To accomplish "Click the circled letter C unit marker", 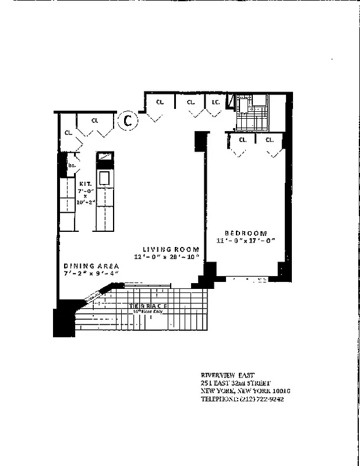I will (127, 121).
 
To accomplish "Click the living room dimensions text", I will (167, 257).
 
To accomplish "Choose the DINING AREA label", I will (91, 265).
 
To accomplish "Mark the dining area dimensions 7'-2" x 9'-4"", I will (91, 273).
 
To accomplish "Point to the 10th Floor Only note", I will (150, 312).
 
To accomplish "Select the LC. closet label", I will (215, 103).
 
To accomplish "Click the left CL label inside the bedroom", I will (242, 140).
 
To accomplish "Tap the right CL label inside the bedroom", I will (269, 140).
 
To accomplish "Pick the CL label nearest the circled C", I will (94, 121).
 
